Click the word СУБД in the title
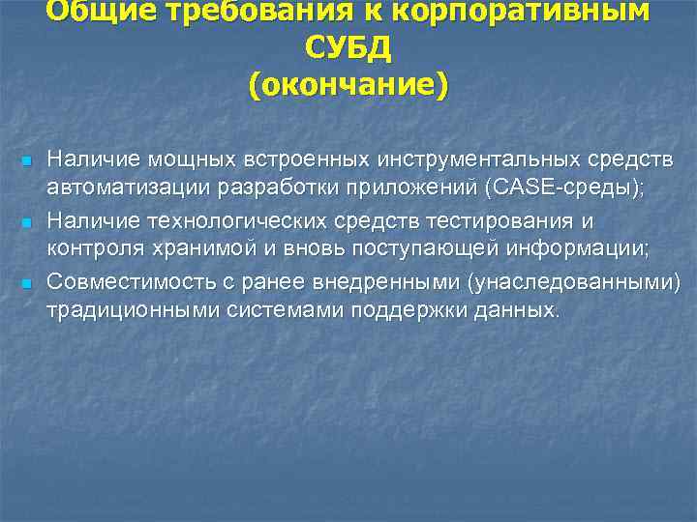point(348,47)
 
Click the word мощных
point(171,158)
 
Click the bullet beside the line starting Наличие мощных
point(27,159)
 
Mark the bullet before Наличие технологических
point(27,222)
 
